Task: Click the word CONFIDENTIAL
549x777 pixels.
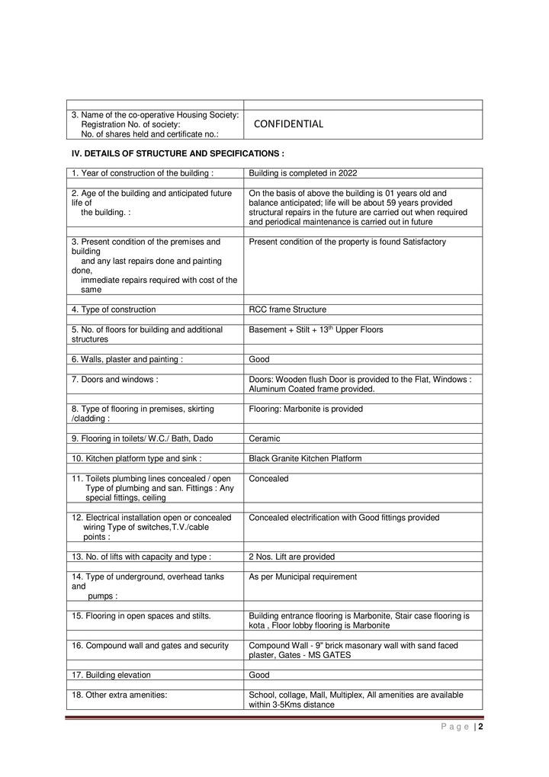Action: (x=288, y=124)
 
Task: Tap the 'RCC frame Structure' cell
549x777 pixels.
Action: (x=287, y=310)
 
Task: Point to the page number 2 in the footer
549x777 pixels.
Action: (x=481, y=727)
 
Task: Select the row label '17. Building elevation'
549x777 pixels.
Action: (x=111, y=675)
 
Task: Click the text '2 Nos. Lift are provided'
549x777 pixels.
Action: (x=291, y=557)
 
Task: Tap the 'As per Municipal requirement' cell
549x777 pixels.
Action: (x=303, y=576)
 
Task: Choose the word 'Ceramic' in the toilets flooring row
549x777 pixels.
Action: (x=265, y=438)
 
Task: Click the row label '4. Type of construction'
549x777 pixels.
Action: (x=114, y=310)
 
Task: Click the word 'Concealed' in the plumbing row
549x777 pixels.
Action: (x=268, y=479)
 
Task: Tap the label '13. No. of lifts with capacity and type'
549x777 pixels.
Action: (x=141, y=557)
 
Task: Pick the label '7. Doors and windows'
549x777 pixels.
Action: (x=115, y=379)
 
